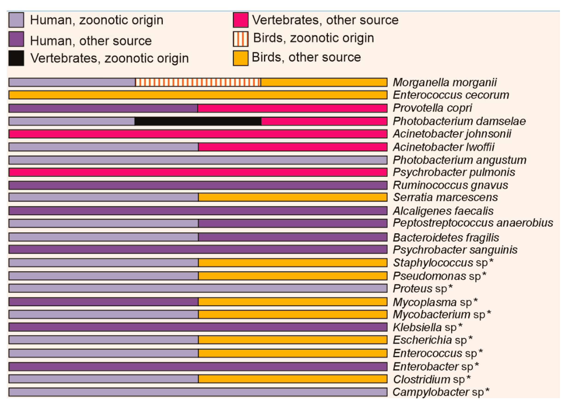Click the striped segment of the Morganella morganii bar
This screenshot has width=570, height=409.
(x=198, y=82)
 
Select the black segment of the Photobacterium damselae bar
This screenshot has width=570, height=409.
(x=198, y=121)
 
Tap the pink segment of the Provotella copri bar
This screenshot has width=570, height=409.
(x=292, y=108)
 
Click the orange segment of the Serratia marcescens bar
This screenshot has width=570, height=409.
(x=292, y=197)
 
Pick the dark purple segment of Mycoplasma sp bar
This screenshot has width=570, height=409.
(x=103, y=302)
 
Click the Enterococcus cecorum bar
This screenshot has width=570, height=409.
(x=198, y=95)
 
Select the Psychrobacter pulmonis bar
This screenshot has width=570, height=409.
(x=198, y=172)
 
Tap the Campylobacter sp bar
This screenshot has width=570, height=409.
(x=198, y=392)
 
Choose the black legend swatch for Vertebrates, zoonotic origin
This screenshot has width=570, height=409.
(x=16, y=58)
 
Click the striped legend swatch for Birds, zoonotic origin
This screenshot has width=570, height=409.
(x=240, y=39)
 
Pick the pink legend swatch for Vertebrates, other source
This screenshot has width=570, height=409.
(x=240, y=20)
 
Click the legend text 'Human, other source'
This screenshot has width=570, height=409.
(x=91, y=41)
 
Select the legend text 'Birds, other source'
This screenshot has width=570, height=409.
(x=306, y=57)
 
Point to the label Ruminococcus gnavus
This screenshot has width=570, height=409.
(x=450, y=185)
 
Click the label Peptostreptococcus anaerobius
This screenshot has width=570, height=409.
(x=473, y=223)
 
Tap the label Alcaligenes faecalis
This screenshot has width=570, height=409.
(x=443, y=211)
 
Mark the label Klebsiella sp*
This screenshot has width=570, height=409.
(x=427, y=327)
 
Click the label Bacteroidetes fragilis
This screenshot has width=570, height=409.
(x=446, y=238)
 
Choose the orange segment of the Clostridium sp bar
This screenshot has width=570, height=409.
(x=292, y=379)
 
